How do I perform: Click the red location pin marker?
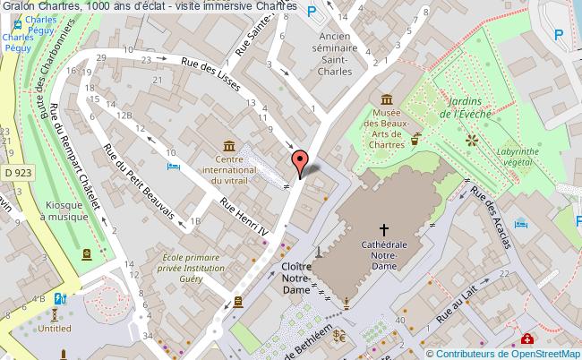click(301, 161)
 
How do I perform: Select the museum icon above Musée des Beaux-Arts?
click(387, 99)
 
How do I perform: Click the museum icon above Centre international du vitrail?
click(230, 146)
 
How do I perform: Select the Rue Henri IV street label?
click(240, 217)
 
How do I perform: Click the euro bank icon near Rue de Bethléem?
click(339, 336)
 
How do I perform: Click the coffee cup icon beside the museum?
click(416, 139)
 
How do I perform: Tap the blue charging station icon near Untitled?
click(60, 298)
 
